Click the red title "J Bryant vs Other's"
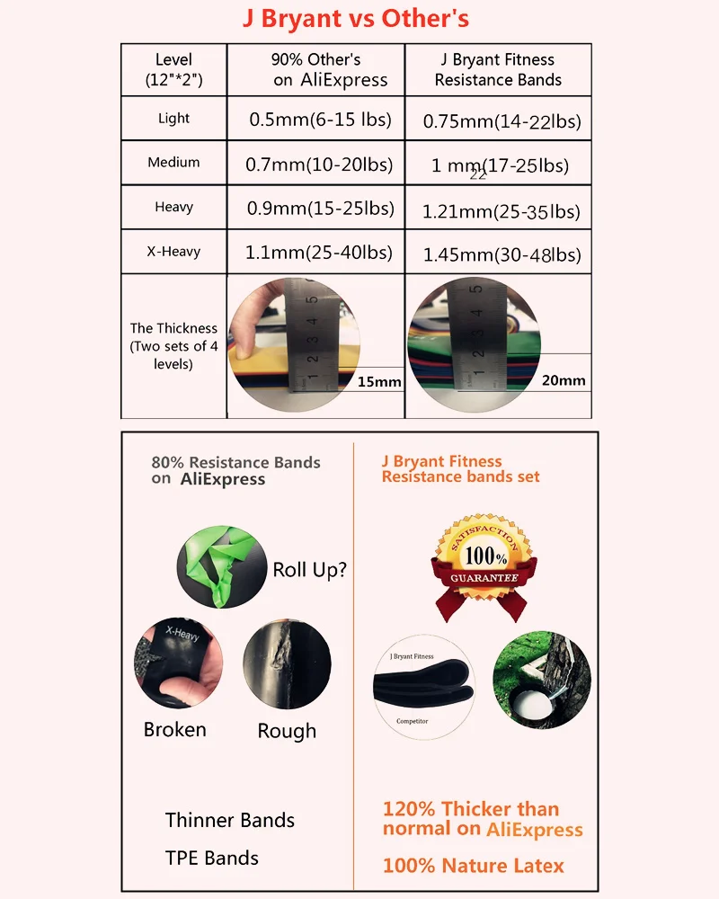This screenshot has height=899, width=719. pos(355,18)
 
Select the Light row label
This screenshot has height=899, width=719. pos(173,118)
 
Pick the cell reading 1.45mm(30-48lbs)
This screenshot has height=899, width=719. pos(502,255)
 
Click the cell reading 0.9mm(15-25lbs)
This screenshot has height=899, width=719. pos(320,209)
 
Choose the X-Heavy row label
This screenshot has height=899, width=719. pos(173,252)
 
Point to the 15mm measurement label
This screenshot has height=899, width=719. pos(378,382)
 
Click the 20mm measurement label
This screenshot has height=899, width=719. pos(564,380)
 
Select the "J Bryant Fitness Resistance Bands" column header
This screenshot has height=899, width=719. pos(498,69)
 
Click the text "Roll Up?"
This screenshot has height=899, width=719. pos(309,569)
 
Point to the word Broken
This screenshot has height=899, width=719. pos(174,729)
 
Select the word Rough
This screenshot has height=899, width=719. pos(287,731)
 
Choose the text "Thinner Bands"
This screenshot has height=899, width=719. pos(229,820)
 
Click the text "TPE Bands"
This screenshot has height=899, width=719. pos(211,858)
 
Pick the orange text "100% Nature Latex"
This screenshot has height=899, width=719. pos(473,866)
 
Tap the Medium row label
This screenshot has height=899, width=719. pos(173,163)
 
